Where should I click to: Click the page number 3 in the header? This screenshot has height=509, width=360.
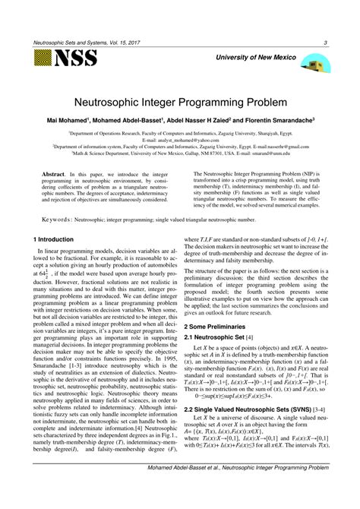click(x=325, y=43)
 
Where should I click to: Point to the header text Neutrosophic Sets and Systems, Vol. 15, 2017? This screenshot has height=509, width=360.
click(x=81, y=43)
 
